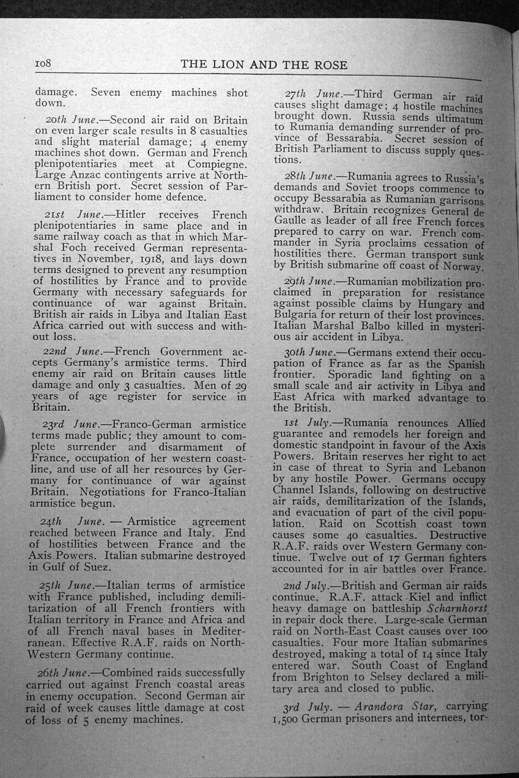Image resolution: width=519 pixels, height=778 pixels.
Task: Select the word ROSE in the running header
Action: pyautogui.click(x=330, y=66)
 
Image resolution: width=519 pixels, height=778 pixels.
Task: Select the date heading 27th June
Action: pyautogui.click(x=318, y=95)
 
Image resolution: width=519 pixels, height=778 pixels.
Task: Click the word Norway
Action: pyautogui.click(x=462, y=267)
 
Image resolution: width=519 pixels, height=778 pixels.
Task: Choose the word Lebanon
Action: pyautogui.click(x=464, y=469)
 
